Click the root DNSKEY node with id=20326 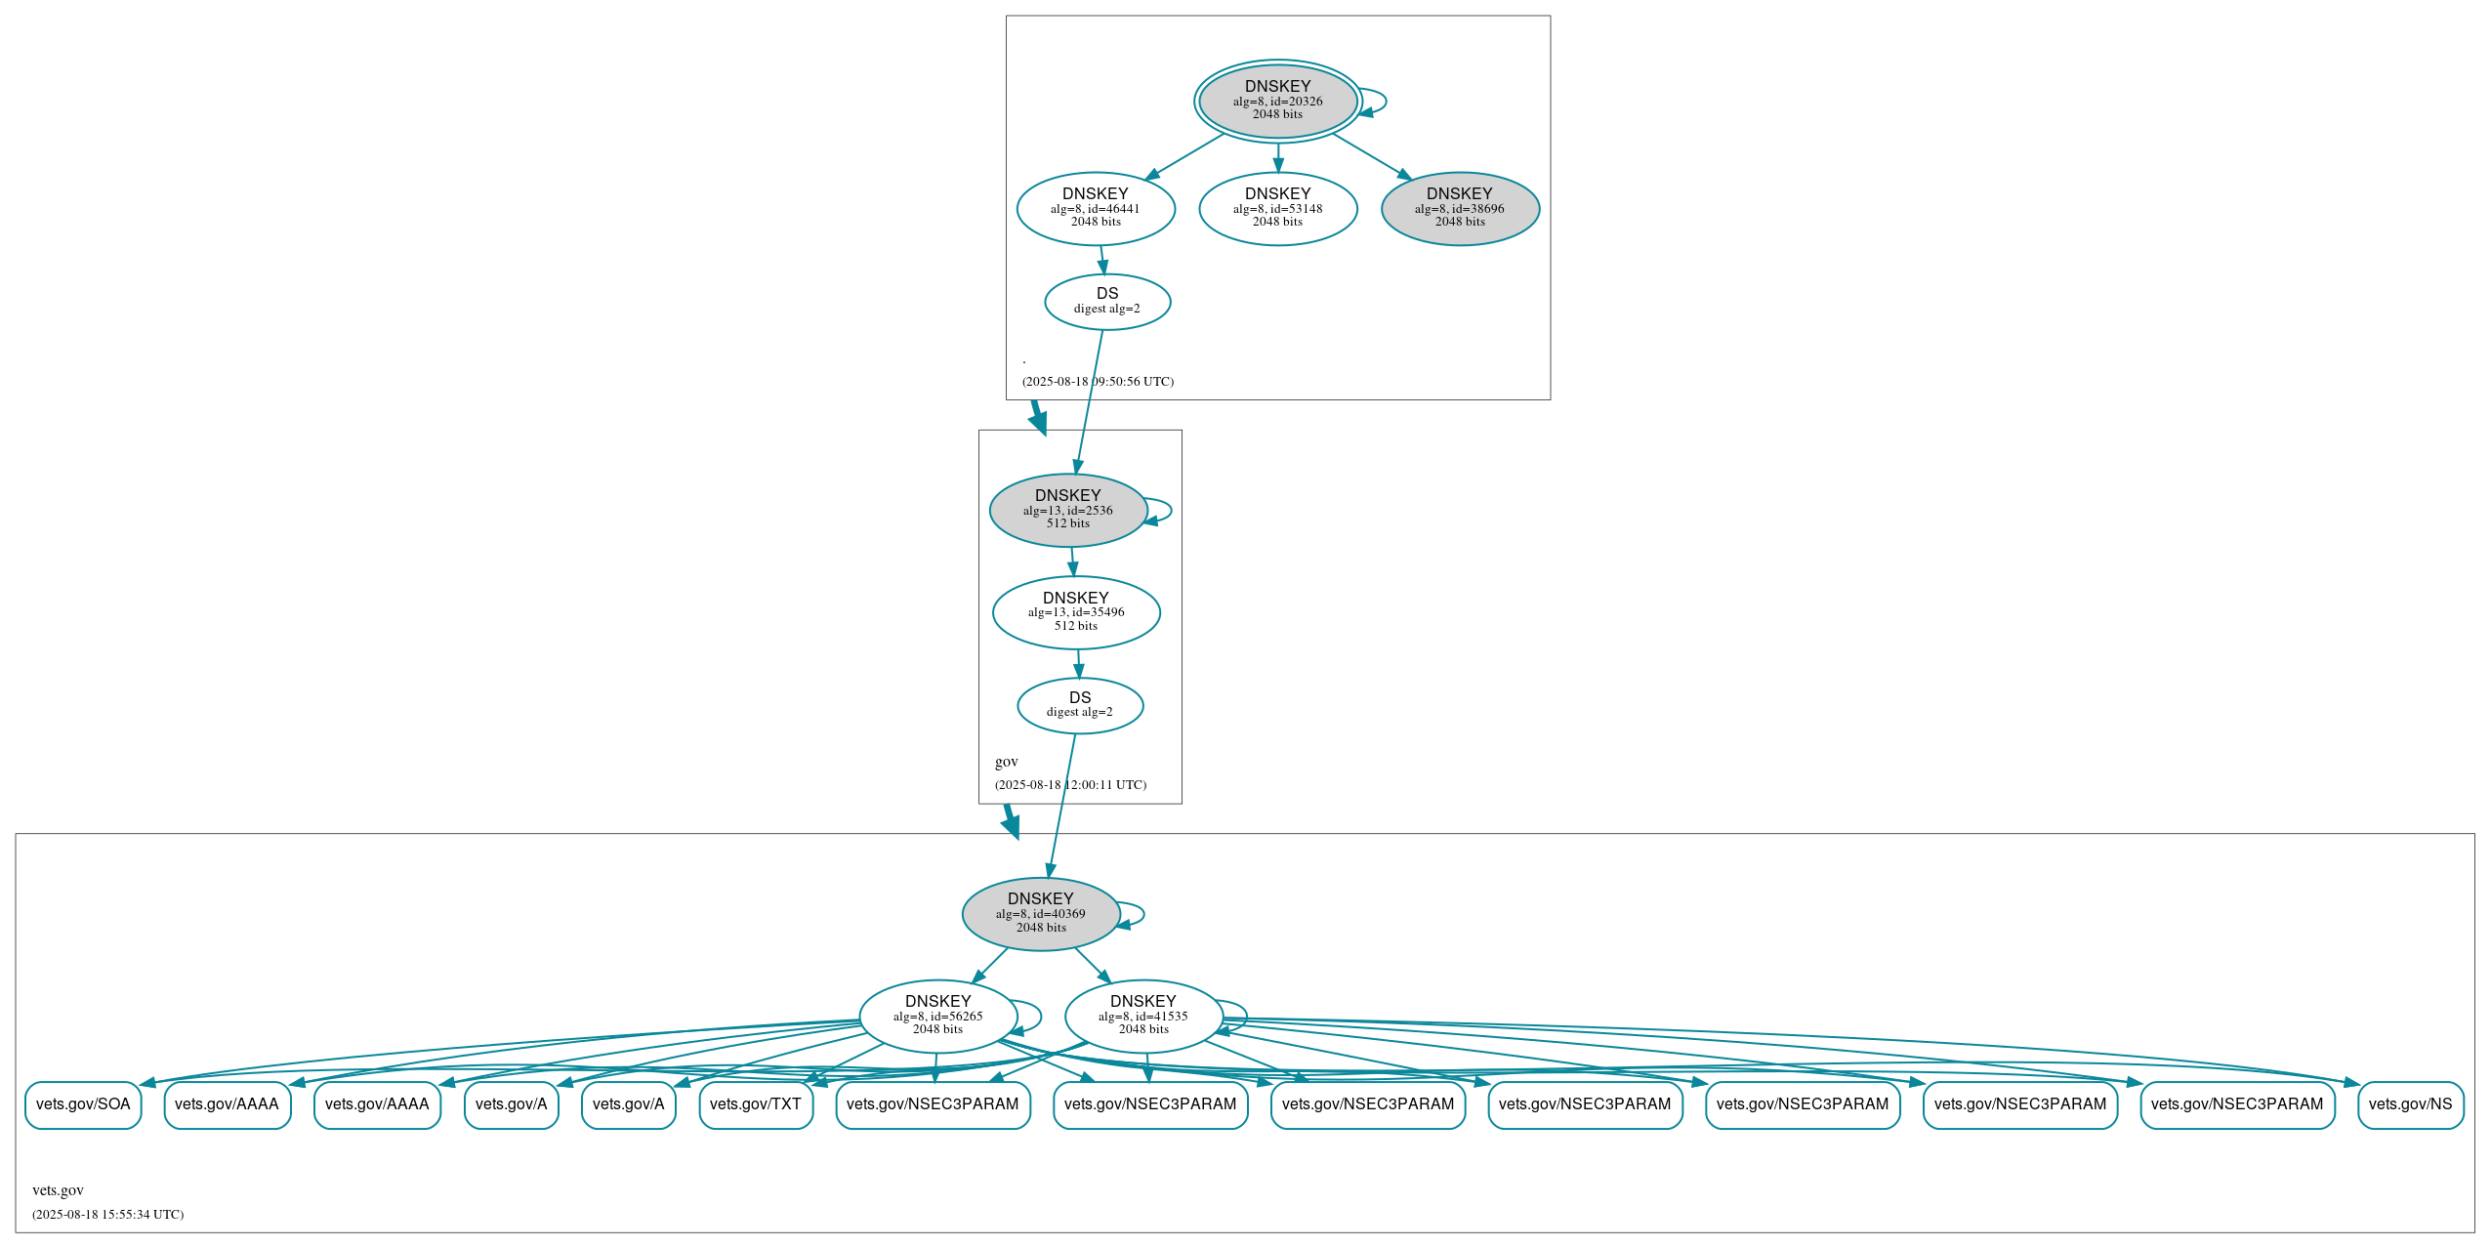tap(1277, 101)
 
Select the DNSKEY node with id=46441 tap(1095, 208)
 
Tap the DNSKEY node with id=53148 tap(1277, 208)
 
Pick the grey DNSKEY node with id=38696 tap(1459, 208)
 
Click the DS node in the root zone tap(1106, 302)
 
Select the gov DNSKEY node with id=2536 tap(1067, 510)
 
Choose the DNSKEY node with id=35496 tap(1075, 612)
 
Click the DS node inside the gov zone tap(1079, 705)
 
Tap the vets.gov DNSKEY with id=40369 tap(1040, 914)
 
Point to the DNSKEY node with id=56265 tap(937, 1017)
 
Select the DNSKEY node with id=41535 tap(1142, 1017)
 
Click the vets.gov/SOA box tap(83, 1104)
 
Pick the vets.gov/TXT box tap(755, 1104)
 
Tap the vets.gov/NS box tap(2409, 1104)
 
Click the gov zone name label tap(1006, 762)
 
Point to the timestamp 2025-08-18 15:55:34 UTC tap(107, 1215)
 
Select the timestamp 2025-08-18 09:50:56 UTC tap(1098, 382)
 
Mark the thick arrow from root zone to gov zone tap(1038, 417)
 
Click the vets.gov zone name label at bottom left tap(58, 1190)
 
